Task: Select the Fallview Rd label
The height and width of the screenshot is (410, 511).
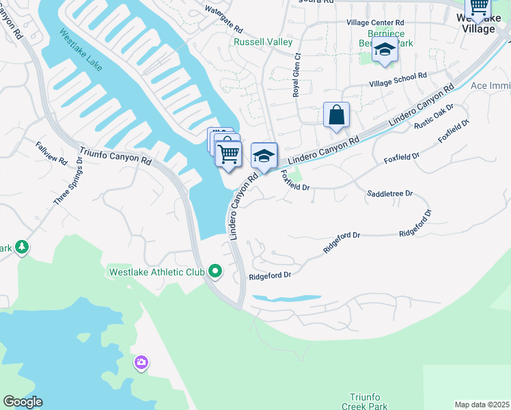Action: click(x=52, y=152)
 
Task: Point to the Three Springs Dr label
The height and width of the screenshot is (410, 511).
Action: click(x=68, y=182)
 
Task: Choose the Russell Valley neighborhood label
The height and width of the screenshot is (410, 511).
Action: click(x=263, y=42)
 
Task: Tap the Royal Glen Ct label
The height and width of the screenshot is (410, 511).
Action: click(x=297, y=76)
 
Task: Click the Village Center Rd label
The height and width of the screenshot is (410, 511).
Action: click(x=375, y=23)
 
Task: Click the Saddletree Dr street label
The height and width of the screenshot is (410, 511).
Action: click(x=390, y=194)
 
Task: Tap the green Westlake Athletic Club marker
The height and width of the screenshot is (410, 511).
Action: click(x=215, y=272)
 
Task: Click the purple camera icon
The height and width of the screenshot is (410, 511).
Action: click(x=141, y=362)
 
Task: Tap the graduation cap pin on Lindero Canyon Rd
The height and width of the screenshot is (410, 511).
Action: click(x=264, y=155)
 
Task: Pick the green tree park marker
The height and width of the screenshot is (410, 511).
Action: click(x=22, y=246)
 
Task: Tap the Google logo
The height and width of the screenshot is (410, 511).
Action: click(x=23, y=402)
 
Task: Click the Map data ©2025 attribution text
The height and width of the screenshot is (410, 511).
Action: click(x=482, y=405)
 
